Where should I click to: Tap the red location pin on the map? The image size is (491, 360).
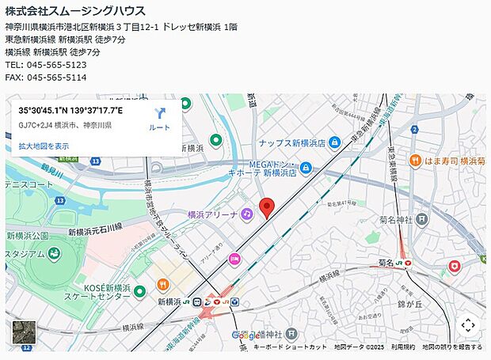click(268, 207)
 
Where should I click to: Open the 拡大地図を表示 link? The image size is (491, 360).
click(44, 146)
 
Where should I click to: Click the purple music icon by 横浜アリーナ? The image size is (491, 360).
click(247, 214)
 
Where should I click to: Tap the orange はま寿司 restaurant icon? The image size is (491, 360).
click(415, 161)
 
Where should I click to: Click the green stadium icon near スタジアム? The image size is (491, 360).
click(54, 254)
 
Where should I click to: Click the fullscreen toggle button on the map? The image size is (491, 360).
click(467, 324)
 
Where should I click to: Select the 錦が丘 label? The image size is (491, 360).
click(413, 303)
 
